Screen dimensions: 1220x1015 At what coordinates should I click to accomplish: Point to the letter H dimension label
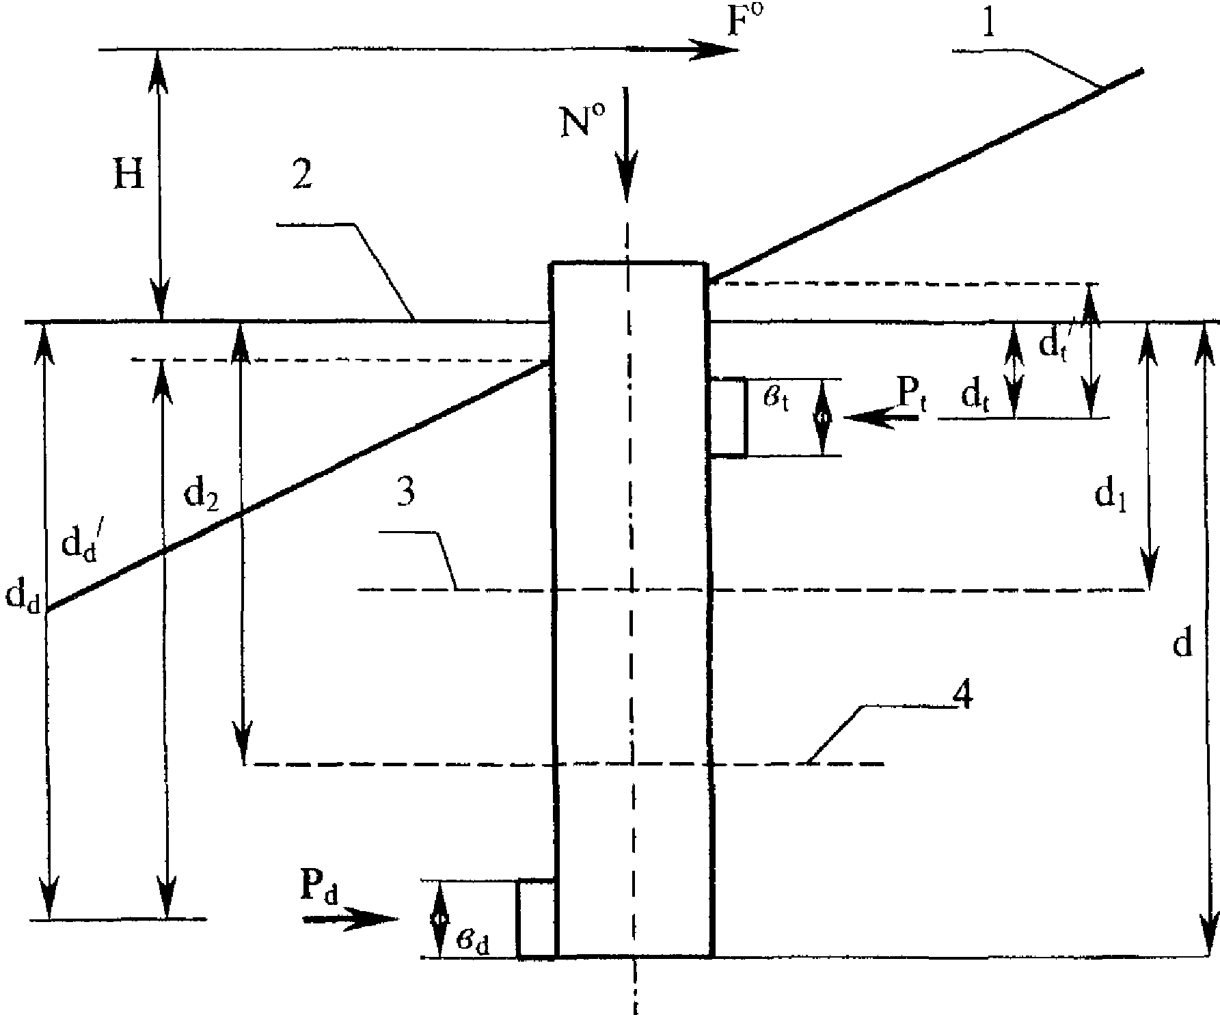[x=128, y=176]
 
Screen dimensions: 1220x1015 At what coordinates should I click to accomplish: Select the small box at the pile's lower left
[x=537, y=919]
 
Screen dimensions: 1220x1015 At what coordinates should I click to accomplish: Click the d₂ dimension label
[x=202, y=497]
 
